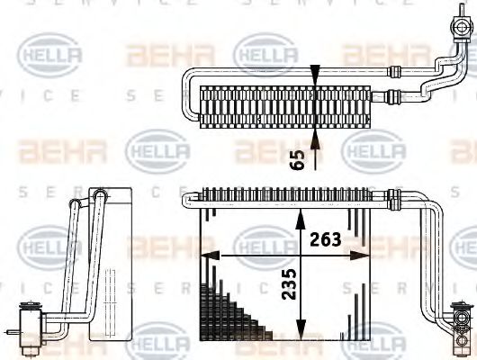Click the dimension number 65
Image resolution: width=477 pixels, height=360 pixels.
click(297, 160)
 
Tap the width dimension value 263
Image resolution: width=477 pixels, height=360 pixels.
click(326, 239)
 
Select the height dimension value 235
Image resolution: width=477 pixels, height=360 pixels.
click(289, 284)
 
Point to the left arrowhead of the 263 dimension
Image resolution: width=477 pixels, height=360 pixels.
click(211, 256)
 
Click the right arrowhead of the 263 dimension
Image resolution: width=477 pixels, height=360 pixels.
click(360, 256)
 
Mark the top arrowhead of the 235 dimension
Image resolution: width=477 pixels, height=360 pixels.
click(301, 220)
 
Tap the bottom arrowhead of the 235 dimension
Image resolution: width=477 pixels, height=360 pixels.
click(301, 329)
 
